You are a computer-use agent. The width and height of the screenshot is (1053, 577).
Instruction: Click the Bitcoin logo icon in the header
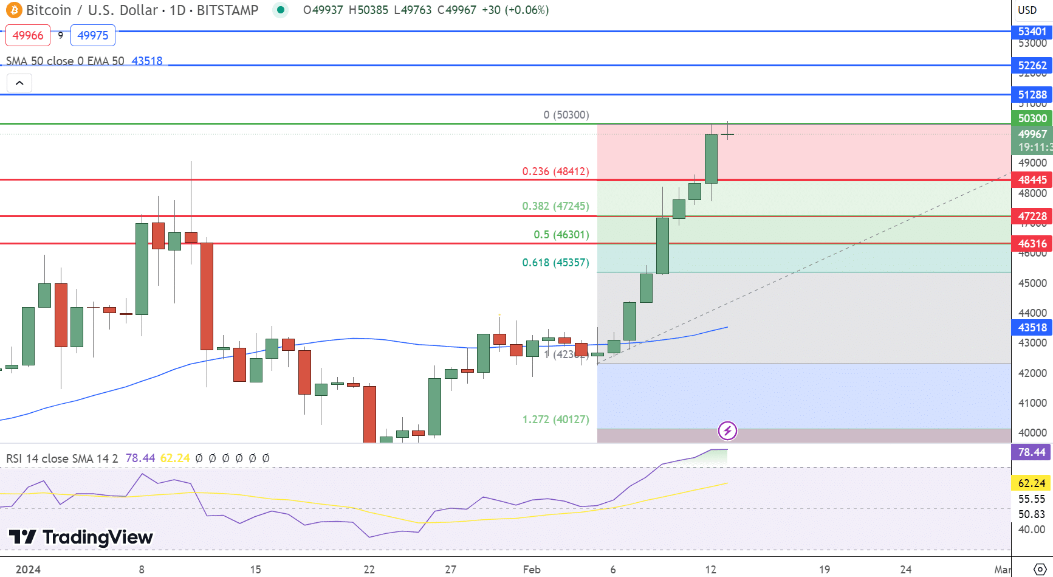point(13,10)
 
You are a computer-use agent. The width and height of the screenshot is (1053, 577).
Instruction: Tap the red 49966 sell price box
point(28,35)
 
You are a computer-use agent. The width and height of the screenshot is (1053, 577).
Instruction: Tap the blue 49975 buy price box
point(93,35)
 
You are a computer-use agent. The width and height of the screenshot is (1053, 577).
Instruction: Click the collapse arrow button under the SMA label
point(19,83)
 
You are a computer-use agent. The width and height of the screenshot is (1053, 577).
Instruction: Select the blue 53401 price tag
point(1032,32)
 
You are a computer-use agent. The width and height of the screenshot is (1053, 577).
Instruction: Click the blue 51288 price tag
point(1032,95)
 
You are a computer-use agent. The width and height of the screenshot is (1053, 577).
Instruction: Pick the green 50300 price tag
point(1032,119)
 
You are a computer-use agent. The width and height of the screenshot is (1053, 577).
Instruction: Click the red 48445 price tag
point(1032,180)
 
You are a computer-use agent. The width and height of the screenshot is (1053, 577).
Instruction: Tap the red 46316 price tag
point(1032,244)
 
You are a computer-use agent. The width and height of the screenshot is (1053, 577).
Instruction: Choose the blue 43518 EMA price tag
point(1032,328)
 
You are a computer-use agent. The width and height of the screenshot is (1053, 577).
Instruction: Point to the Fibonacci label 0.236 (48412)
point(555,171)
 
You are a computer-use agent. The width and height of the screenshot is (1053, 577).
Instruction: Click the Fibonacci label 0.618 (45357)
point(555,263)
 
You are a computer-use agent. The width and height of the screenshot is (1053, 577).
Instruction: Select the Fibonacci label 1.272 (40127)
point(555,420)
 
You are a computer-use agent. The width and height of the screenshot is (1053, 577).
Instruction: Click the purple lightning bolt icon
point(727,431)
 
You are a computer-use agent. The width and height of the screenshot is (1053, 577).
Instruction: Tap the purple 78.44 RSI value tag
point(1031,452)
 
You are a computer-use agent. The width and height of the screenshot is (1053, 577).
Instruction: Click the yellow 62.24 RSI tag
point(1031,483)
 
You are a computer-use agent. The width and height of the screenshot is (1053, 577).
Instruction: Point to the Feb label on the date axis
point(531,570)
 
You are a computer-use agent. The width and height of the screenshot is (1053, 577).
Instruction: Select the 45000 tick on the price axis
point(1032,283)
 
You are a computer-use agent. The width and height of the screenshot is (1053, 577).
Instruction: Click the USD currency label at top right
point(1027,10)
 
